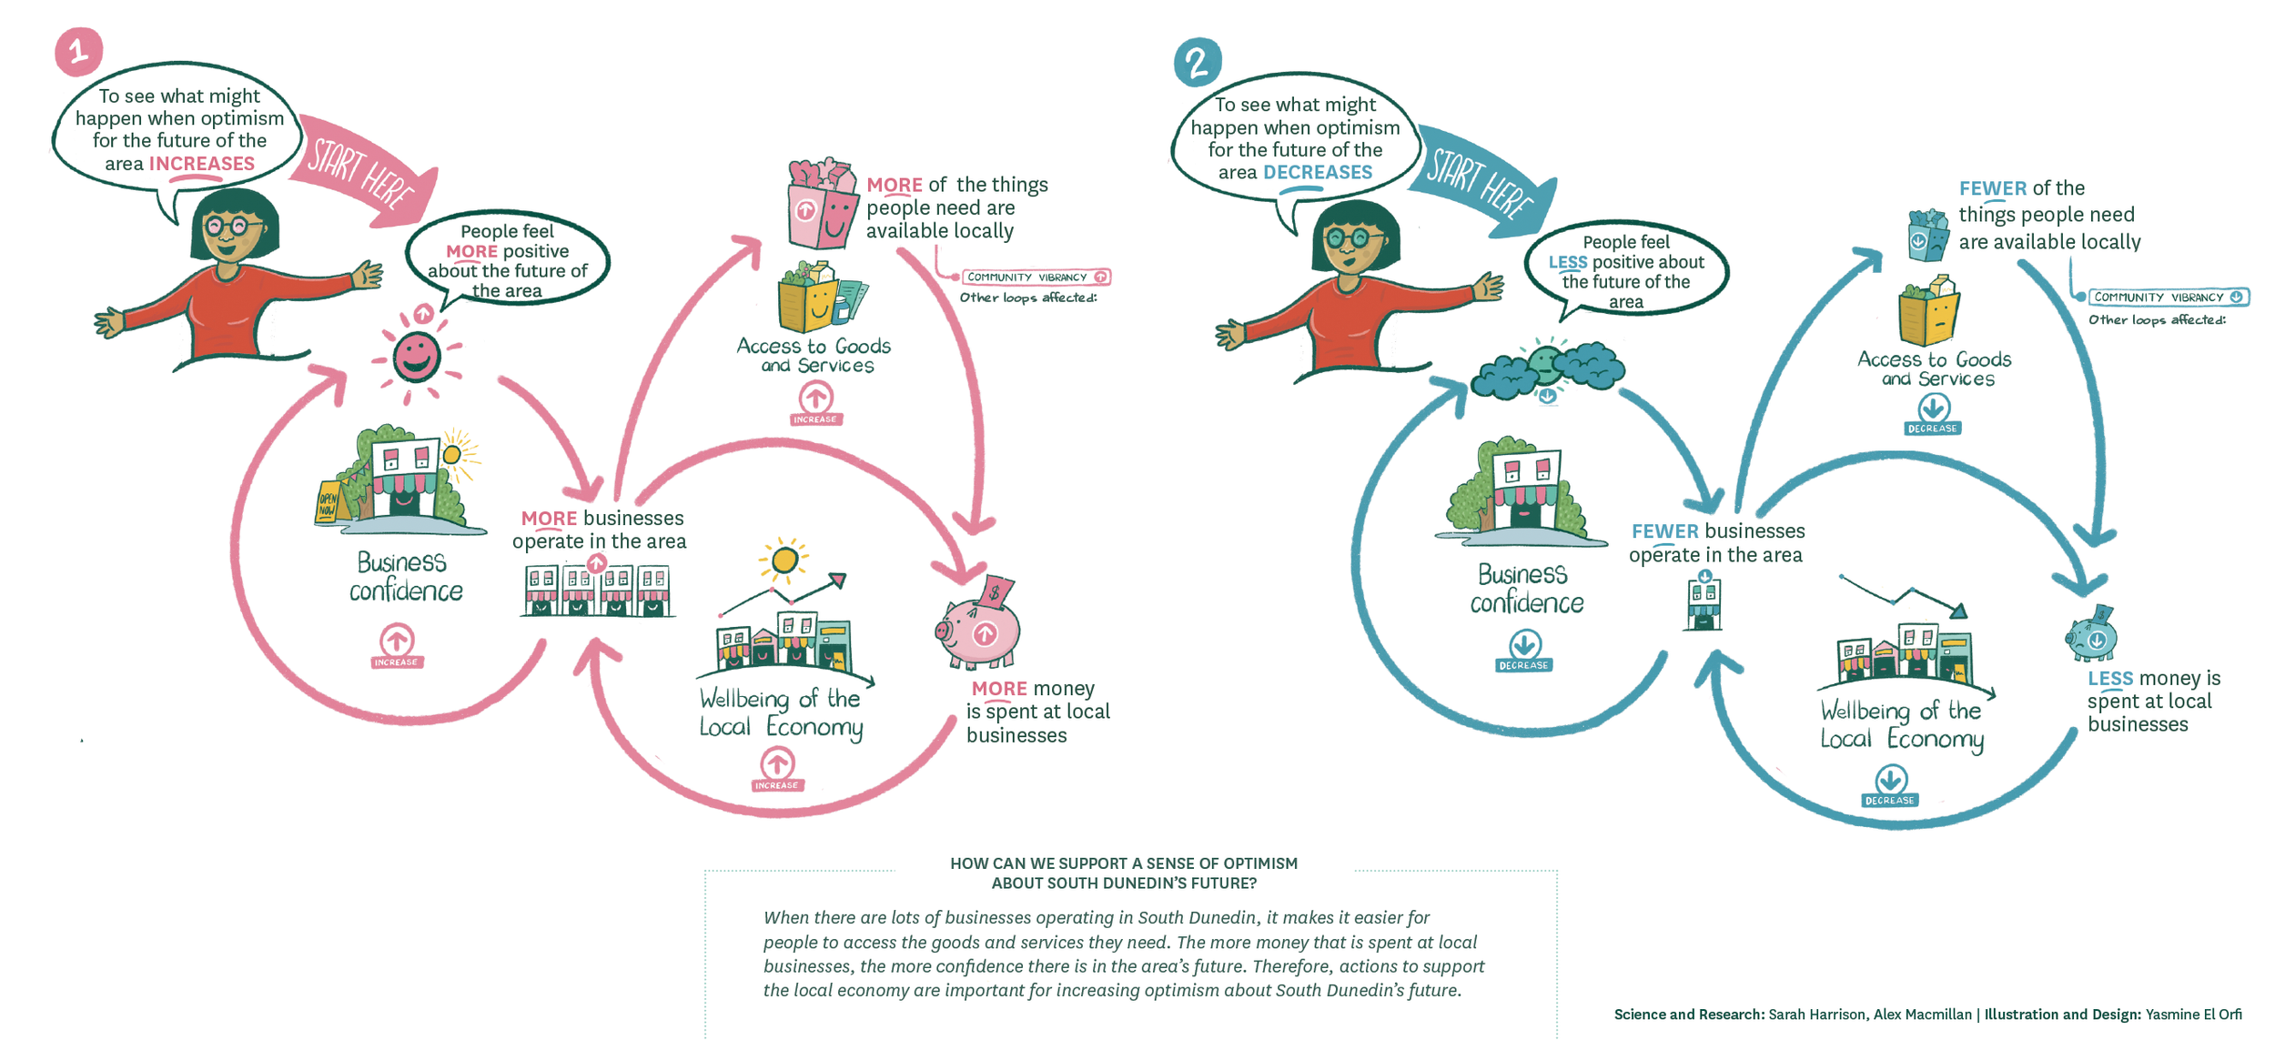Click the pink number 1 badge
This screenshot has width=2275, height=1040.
(x=78, y=51)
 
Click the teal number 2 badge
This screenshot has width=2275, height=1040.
(x=1197, y=62)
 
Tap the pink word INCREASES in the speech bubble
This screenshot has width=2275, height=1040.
(x=201, y=164)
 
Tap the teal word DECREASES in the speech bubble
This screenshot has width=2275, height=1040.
(x=1317, y=173)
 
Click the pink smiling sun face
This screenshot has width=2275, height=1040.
(x=416, y=356)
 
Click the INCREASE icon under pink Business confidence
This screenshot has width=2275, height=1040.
(x=397, y=645)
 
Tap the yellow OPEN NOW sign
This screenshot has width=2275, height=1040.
(x=327, y=503)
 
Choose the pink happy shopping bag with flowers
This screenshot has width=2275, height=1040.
(x=822, y=206)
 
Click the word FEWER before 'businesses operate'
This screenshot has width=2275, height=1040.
(x=1664, y=531)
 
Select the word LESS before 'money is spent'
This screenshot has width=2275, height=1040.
(x=2109, y=679)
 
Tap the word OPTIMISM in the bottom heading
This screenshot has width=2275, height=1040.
(x=1260, y=863)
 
